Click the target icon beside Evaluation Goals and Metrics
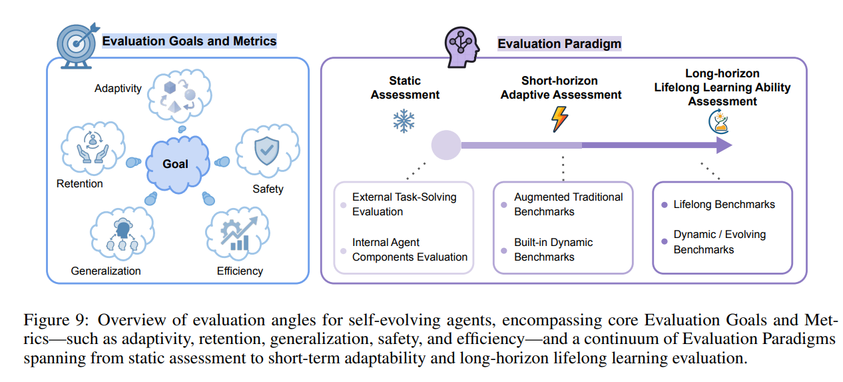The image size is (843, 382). [75, 43]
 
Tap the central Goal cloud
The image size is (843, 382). [176, 164]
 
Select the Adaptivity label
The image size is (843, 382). [118, 88]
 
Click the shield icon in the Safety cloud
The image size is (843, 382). [267, 151]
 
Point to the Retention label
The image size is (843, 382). [80, 183]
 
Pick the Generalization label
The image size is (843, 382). [106, 271]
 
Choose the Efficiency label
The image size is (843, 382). [240, 271]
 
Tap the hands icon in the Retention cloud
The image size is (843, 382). [93, 147]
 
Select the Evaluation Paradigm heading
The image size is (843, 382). [559, 44]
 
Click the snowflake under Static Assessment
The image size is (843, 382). [404, 121]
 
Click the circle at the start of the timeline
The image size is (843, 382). [445, 145]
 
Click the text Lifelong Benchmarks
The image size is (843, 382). [724, 205]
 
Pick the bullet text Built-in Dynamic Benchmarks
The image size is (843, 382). [553, 249]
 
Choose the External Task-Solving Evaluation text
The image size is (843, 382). [404, 204]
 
